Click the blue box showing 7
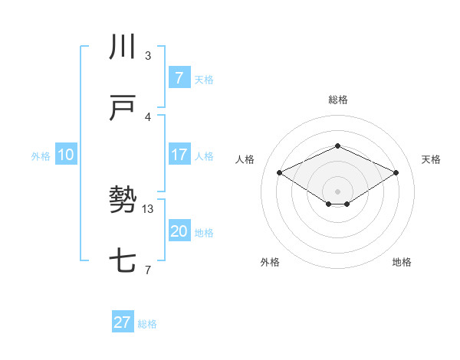[179, 77]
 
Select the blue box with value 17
[179, 155]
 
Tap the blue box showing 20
[179, 231]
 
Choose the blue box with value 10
[65, 155]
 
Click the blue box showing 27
[123, 322]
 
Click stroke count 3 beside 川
[148, 55]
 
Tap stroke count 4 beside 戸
[148, 116]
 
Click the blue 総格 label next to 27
[147, 324]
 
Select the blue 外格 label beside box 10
[40, 156]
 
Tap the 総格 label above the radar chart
[337, 100]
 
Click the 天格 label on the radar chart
[431, 159]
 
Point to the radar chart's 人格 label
[245, 159]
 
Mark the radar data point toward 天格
[396, 172]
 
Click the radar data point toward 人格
[280, 172]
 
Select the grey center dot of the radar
[337, 191]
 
